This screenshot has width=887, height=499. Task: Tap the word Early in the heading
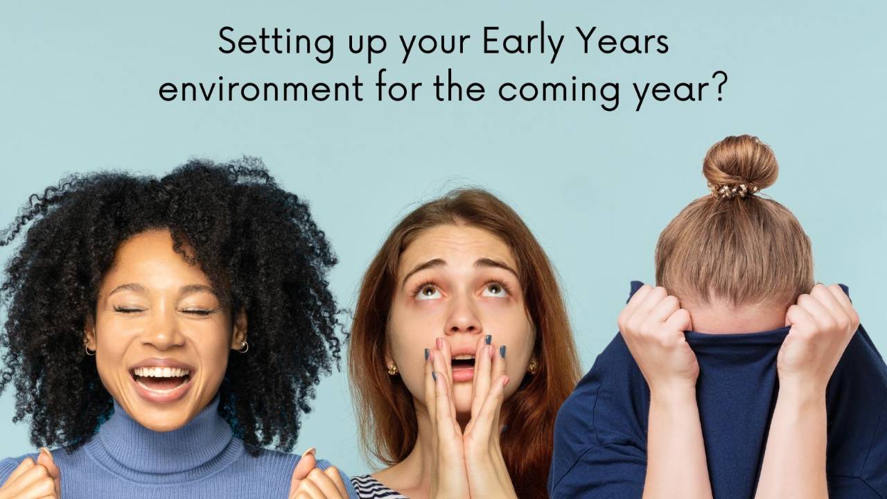coord(498,44)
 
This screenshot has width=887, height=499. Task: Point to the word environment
coord(261,90)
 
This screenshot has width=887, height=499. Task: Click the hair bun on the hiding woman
coord(740,164)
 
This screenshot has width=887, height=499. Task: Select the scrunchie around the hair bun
coord(736,190)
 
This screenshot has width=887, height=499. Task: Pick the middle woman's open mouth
coord(463,362)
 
